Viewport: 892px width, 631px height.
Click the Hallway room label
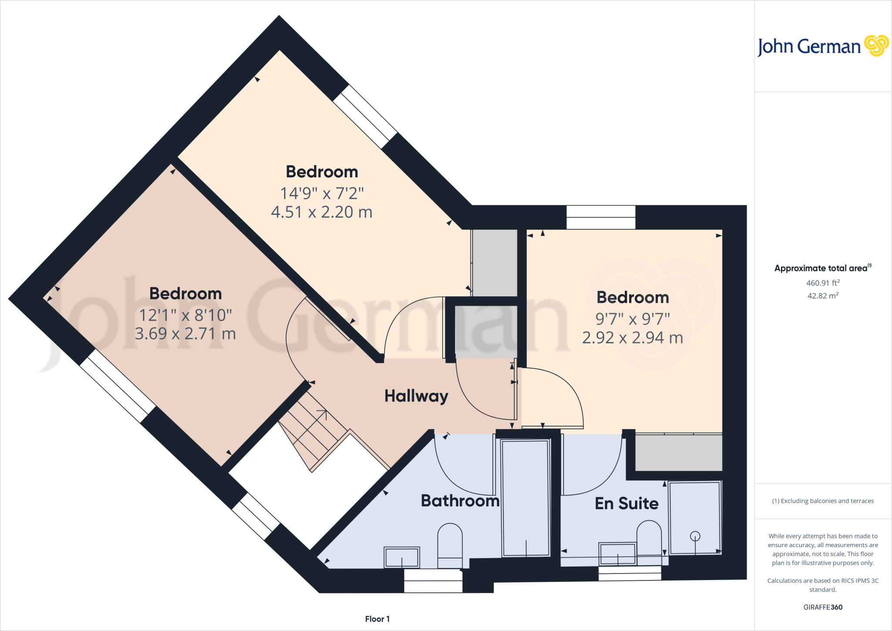tap(416, 396)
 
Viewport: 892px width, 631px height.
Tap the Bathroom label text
tap(460, 501)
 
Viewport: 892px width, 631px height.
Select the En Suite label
tap(626, 503)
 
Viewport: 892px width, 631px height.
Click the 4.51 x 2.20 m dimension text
tap(321, 212)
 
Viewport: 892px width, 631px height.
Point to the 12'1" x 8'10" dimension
tap(186, 315)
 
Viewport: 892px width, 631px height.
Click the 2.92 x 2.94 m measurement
tap(632, 338)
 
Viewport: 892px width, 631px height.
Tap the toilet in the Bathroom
tap(450, 545)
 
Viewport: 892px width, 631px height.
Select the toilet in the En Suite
tap(649, 540)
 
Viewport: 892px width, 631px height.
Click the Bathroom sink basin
tap(402, 557)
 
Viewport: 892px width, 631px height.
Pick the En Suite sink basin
tap(618, 554)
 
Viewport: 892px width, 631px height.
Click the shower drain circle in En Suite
tap(695, 536)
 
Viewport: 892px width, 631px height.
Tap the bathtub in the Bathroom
tap(526, 498)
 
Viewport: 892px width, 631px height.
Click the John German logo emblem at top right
tap(876, 46)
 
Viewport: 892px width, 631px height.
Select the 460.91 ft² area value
tap(823, 283)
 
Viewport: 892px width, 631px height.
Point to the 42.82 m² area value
tap(823, 295)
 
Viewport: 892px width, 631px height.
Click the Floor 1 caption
tap(377, 619)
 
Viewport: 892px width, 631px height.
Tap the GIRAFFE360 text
tap(823, 607)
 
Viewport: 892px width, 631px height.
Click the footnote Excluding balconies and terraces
tap(823, 501)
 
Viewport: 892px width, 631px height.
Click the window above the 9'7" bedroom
tap(601, 217)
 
